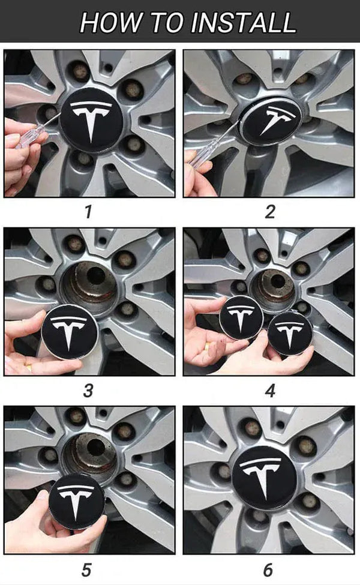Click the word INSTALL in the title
(x=244, y=22)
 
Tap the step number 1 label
(x=88, y=212)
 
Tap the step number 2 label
(x=269, y=212)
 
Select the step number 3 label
(x=88, y=391)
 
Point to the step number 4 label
(x=269, y=391)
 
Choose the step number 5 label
(x=88, y=569)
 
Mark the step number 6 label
(x=268, y=569)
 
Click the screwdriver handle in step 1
(x=28, y=139)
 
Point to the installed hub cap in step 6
(x=263, y=477)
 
